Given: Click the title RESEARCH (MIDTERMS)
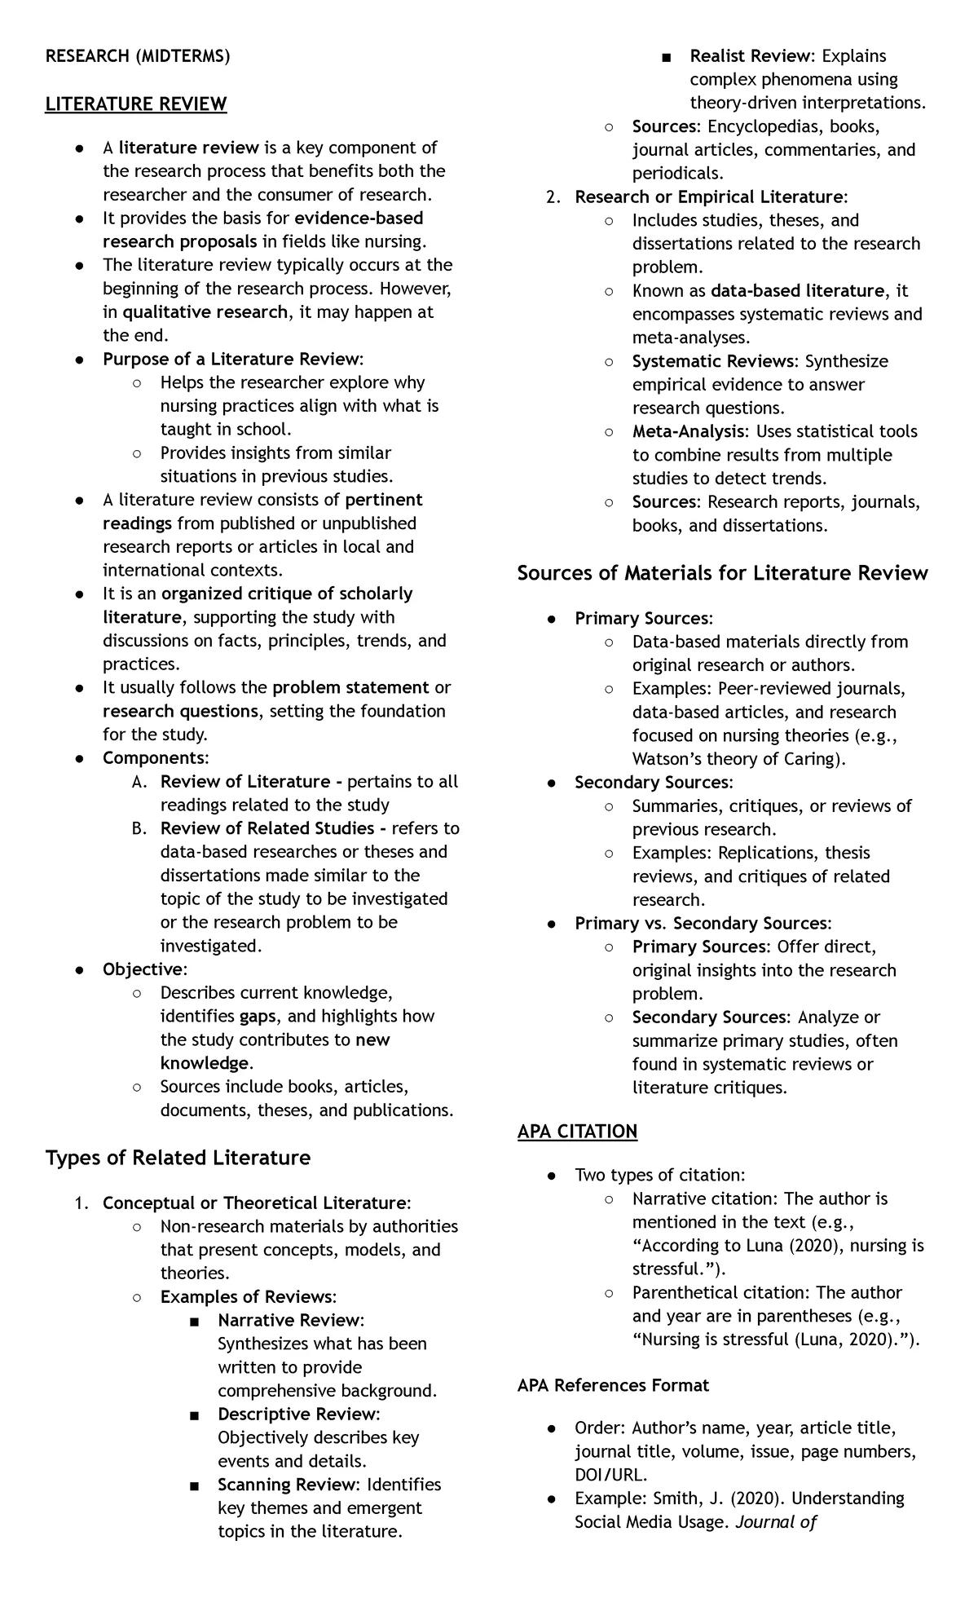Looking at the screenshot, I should click(x=138, y=56).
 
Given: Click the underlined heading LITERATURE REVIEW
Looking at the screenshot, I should click(x=136, y=104).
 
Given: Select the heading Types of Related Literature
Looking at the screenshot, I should click(x=178, y=1158).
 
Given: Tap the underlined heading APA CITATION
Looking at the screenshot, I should click(x=577, y=1131).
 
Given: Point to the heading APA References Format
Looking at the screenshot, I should click(x=613, y=1385).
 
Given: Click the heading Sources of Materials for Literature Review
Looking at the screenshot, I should click(x=722, y=572).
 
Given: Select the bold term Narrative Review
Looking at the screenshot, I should click(x=289, y=1320).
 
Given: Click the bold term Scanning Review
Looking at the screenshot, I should click(x=287, y=1485).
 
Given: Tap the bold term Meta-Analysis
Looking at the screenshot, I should click(x=688, y=431).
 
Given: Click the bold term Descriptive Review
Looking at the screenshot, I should click(x=297, y=1414).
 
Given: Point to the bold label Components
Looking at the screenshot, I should click(x=154, y=758).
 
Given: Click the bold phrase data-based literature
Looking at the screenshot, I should click(x=797, y=291).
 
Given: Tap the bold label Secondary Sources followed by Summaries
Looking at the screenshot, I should click(x=652, y=783).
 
